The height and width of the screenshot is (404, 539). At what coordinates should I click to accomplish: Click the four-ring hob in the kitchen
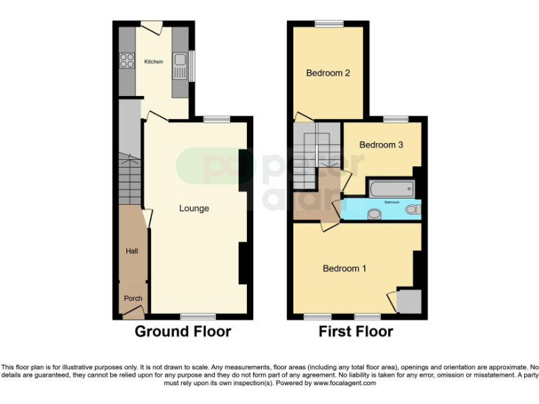[x=127, y=61]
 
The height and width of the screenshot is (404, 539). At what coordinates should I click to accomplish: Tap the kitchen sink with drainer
[x=180, y=66]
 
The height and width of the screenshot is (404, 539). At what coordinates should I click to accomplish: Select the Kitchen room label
[x=154, y=62]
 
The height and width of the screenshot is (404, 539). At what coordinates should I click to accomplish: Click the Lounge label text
[x=194, y=208]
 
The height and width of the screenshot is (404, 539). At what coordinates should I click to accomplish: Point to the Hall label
[x=131, y=251]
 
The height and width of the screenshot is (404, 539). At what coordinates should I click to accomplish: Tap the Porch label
[x=133, y=298]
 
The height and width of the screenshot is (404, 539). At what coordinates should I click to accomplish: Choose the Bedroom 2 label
[x=328, y=72]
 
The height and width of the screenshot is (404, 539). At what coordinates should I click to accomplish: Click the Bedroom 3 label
[x=381, y=144]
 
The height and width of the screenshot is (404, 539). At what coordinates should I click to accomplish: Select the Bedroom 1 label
[x=344, y=269]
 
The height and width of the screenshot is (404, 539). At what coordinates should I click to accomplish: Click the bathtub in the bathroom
[x=391, y=188]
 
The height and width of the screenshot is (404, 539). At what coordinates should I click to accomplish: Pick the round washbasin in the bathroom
[x=374, y=215]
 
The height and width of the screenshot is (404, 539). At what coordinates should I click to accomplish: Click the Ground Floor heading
[x=182, y=331]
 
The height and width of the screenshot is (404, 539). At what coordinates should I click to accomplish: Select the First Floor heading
[x=356, y=331]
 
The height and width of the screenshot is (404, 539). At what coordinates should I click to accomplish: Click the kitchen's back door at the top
[x=152, y=27]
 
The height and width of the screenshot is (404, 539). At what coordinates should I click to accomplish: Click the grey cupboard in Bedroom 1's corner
[x=408, y=301]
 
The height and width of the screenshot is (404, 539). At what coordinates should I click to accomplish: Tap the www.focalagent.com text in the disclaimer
[x=345, y=384]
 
